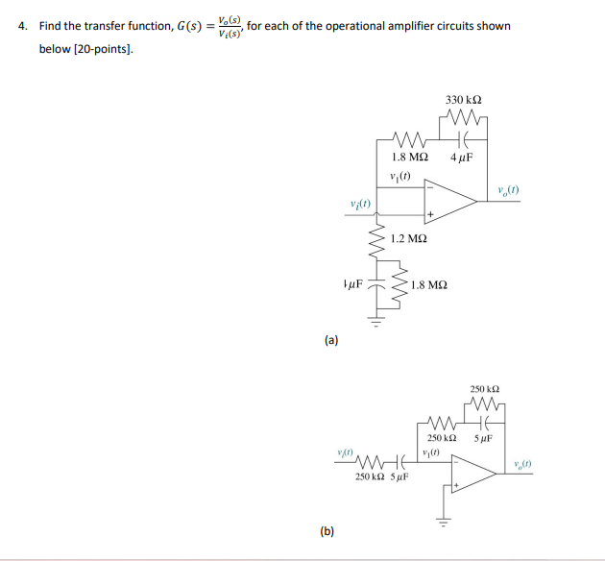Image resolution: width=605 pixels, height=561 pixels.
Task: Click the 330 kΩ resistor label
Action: pos(464,99)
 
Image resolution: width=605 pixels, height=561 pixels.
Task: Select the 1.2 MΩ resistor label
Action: pos(410,236)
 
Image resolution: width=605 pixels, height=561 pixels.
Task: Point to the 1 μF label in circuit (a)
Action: pos(352,285)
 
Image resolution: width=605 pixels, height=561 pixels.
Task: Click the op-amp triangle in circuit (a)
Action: pos(449,198)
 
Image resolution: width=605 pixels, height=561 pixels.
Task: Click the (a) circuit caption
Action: pos(331,339)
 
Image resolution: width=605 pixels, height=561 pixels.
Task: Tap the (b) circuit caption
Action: pos(327,531)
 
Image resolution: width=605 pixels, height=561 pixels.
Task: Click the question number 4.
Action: pos(22,26)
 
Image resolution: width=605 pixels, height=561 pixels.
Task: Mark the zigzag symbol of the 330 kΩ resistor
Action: pos(465,120)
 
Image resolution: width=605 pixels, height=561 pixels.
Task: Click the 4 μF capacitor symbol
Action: pos(463,140)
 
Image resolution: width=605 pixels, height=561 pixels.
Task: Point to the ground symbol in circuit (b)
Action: pos(444,520)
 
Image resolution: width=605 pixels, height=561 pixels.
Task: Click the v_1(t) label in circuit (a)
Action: pos(401,174)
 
